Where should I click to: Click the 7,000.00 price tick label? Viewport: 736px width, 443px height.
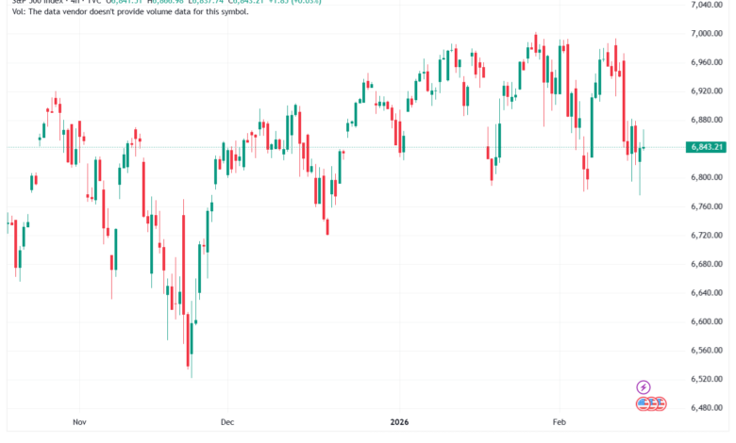point(706,34)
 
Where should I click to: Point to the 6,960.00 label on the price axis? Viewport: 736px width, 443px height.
point(706,62)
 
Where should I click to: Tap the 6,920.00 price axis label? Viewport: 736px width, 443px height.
point(706,91)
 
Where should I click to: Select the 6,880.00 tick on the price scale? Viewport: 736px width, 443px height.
point(706,120)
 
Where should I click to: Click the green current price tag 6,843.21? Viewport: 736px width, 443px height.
point(706,147)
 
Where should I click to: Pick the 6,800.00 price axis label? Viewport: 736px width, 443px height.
point(706,177)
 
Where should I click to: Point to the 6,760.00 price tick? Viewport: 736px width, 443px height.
point(706,206)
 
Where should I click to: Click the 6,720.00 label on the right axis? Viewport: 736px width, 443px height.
point(706,235)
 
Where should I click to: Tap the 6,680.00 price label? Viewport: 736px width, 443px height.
point(706,264)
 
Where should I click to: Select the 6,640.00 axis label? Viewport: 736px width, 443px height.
point(706,292)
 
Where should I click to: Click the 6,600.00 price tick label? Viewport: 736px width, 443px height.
point(706,321)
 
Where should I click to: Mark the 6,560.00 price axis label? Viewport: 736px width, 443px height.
point(706,350)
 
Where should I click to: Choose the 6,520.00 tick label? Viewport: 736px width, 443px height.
point(706,379)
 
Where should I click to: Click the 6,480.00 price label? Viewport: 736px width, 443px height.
point(706,407)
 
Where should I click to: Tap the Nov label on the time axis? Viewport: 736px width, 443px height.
point(80,423)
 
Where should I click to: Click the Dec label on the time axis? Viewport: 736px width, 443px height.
point(226,423)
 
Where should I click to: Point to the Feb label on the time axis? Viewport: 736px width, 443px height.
point(559,423)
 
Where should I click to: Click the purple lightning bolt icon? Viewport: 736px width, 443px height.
point(644,386)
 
